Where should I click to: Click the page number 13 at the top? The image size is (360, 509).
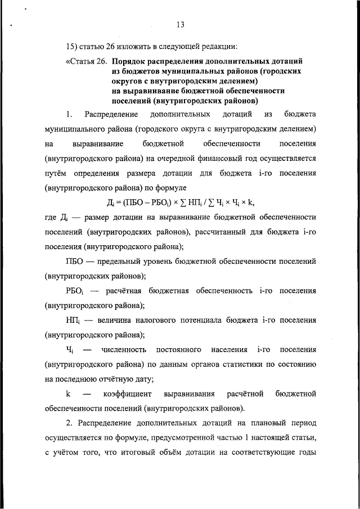[180, 24]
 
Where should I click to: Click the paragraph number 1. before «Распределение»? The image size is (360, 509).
[69, 115]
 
